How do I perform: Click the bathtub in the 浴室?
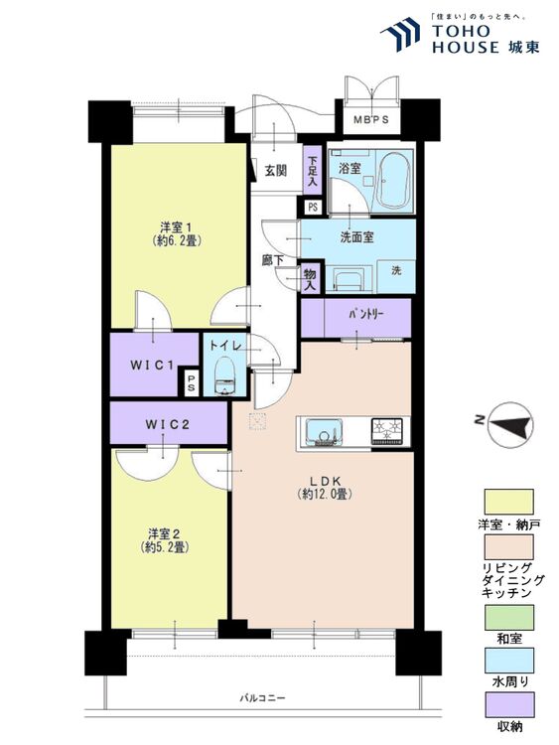(392, 181)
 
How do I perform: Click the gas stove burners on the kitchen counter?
(386, 431)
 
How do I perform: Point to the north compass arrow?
(510, 425)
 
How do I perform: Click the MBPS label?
(371, 119)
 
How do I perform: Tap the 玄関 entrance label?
(275, 171)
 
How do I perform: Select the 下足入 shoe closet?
(313, 170)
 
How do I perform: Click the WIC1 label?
(151, 365)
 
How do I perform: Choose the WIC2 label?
(168, 424)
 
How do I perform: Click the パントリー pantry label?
(365, 314)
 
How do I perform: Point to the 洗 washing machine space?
(396, 275)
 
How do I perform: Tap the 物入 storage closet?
(311, 279)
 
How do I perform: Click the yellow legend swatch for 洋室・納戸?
(508, 502)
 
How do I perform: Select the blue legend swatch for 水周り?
(508, 660)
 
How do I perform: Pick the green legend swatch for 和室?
(508, 617)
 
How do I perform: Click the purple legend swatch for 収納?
(508, 704)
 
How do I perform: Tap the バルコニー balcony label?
(262, 698)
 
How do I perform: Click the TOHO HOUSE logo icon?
(400, 34)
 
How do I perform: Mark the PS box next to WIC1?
(191, 383)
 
